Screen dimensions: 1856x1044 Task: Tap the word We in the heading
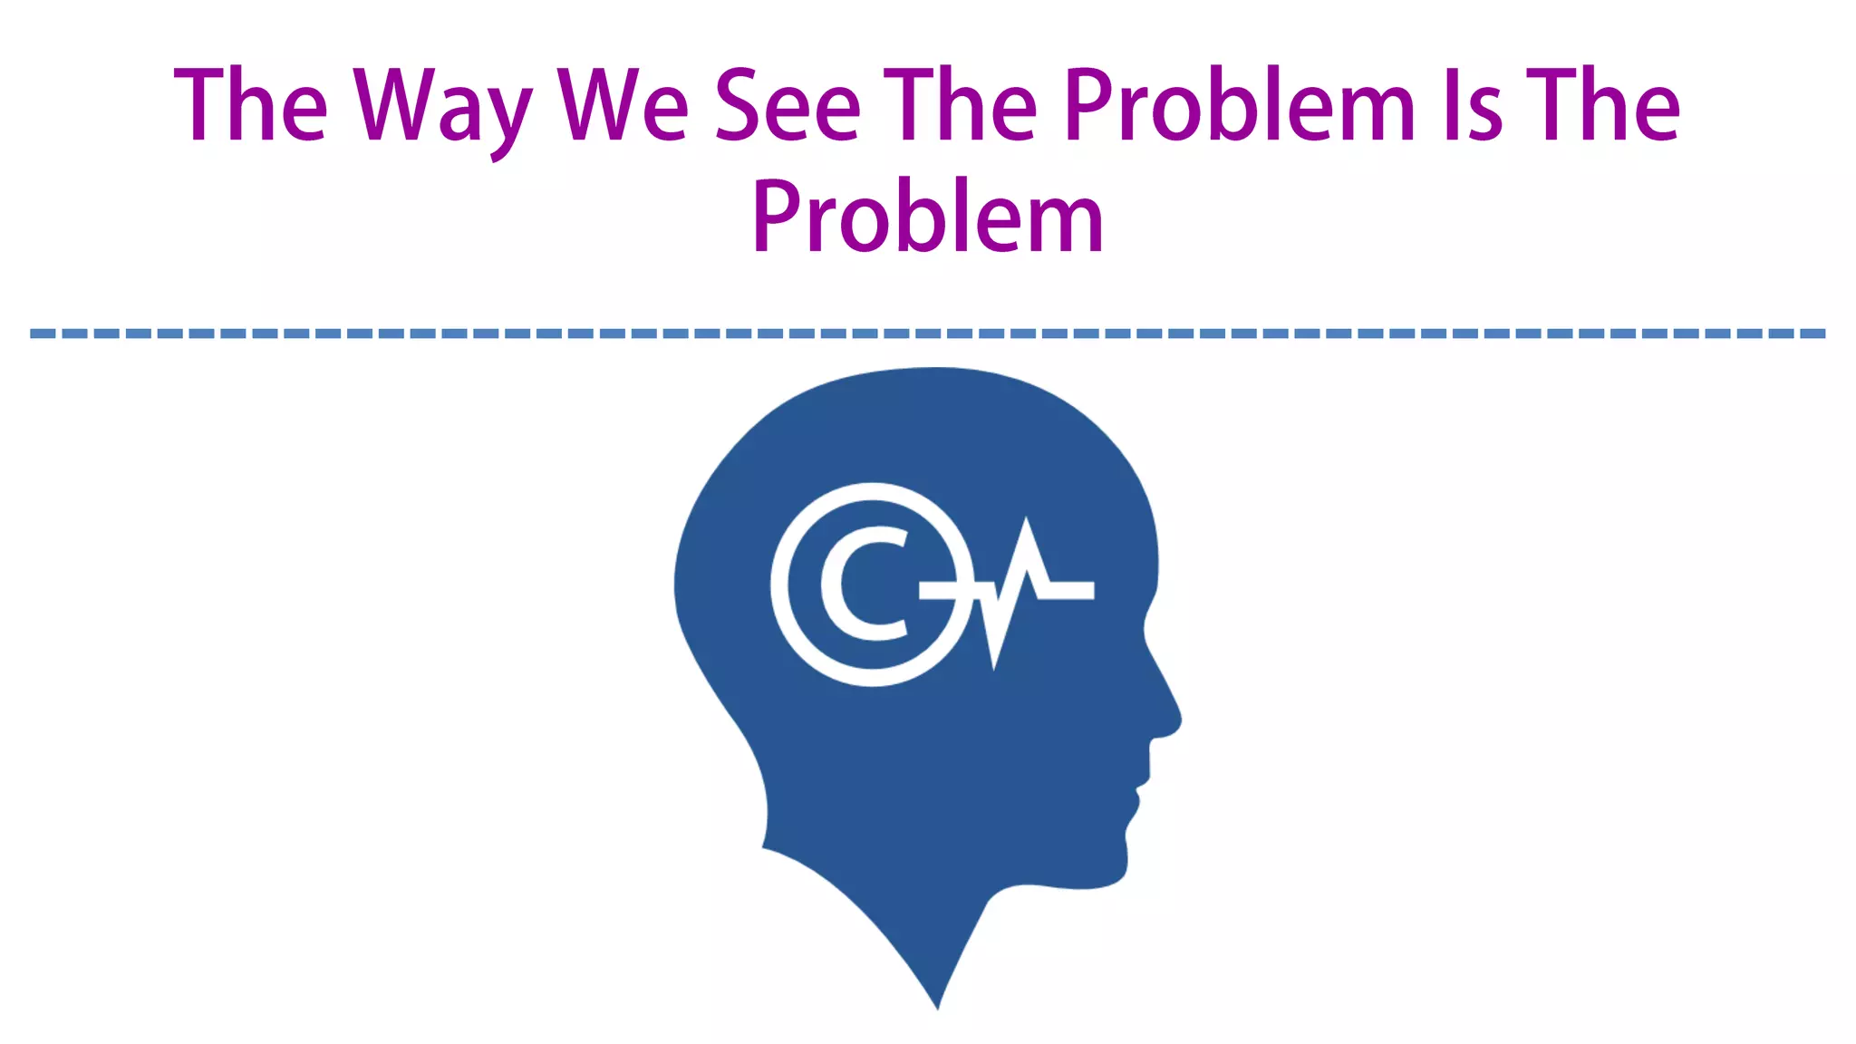tap(623, 107)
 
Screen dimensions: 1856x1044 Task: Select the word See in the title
tap(788, 107)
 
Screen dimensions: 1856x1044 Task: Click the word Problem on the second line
tap(928, 217)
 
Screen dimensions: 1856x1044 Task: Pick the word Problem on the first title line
tap(1240, 107)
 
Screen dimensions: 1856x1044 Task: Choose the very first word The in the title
tap(250, 107)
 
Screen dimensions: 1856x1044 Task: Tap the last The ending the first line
tap(1604, 107)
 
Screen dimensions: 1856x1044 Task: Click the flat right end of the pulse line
tap(1087, 590)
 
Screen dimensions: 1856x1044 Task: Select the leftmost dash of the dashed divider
tap(42, 333)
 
